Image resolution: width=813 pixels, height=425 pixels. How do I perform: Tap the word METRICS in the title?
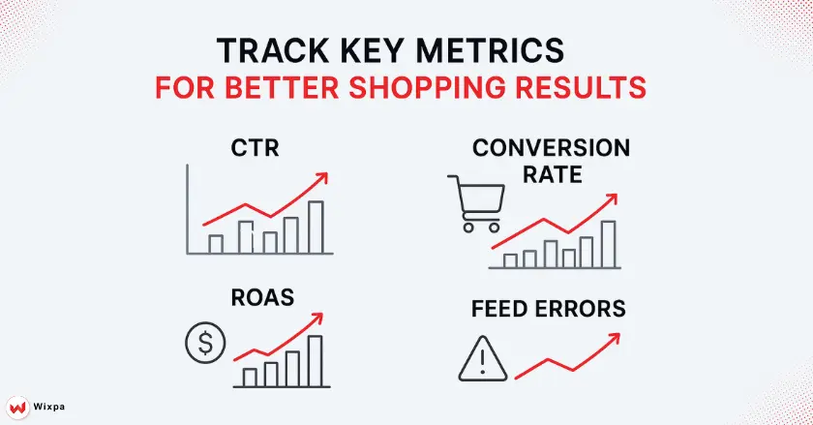[x=513, y=51]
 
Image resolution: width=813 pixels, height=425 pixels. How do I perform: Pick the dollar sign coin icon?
[x=203, y=342]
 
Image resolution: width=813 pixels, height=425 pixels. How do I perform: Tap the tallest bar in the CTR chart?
[x=316, y=227]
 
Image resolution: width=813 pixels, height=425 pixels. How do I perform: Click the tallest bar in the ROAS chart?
[x=315, y=360]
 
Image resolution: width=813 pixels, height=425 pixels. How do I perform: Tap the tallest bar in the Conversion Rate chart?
[x=608, y=243]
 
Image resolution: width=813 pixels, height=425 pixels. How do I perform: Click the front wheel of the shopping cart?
[x=494, y=228]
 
